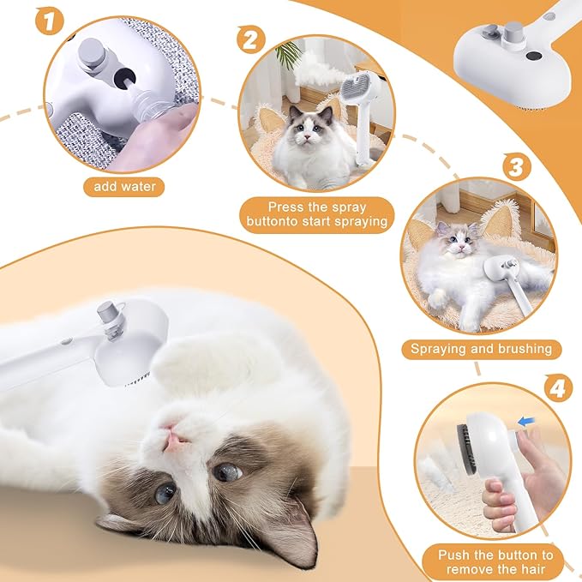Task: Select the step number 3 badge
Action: [x=515, y=165]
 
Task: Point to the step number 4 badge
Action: [x=559, y=388]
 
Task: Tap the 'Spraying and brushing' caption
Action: [x=482, y=349]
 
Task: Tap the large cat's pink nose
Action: [x=175, y=440]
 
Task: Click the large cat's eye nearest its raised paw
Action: [x=226, y=471]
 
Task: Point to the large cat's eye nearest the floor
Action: [x=166, y=492]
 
